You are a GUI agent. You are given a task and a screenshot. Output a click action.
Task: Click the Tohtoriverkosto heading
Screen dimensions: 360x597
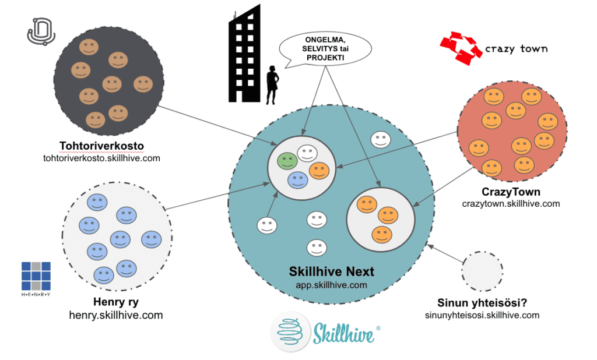[101, 146]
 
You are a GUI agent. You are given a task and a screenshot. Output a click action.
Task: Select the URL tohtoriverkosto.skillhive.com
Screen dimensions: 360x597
[101, 158]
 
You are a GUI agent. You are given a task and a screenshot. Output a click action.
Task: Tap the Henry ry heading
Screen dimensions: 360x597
[116, 302]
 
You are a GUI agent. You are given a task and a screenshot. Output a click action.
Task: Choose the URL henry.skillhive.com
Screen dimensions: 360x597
[116, 315]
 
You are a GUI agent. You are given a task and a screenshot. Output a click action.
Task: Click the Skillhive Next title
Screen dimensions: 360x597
[332, 271]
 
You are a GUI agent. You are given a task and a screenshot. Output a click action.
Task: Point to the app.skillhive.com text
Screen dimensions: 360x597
[332, 285]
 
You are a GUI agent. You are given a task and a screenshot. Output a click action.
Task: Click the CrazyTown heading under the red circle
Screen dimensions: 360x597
[511, 192]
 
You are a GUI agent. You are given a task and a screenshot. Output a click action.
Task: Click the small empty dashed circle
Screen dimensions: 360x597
[482, 272]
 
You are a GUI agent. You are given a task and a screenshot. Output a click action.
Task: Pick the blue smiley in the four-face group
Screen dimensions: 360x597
[298, 180]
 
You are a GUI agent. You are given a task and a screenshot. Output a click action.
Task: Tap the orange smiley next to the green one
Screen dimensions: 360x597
[319, 170]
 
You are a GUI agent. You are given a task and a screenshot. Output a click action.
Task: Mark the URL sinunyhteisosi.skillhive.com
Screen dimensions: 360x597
[482, 315]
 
